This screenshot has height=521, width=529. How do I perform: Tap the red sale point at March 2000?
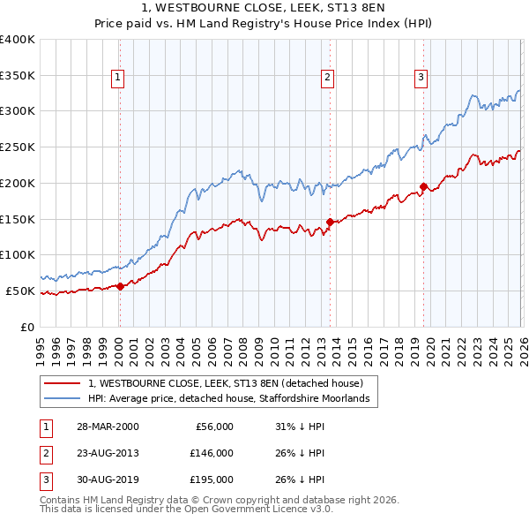(x=120, y=286)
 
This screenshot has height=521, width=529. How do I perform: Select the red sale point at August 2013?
(x=330, y=222)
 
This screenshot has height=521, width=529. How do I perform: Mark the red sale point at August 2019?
(x=423, y=186)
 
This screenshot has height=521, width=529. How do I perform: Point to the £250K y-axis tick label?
(x=18, y=147)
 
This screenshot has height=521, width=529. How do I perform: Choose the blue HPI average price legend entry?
(x=233, y=399)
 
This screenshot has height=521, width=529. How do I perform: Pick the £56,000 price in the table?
(x=212, y=427)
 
